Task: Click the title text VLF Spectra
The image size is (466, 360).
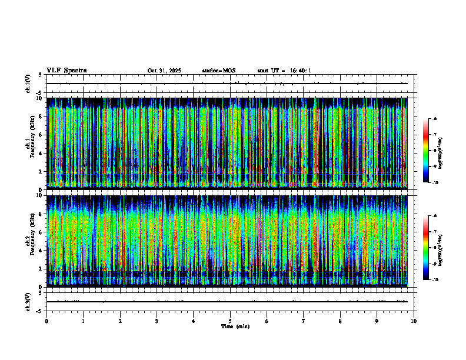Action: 66,71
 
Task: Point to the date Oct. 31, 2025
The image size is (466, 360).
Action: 164,71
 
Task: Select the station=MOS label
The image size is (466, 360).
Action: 218,71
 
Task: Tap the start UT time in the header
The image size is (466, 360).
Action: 284,71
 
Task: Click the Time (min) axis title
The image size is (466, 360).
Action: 235,326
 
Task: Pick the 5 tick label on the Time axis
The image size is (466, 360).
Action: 230,321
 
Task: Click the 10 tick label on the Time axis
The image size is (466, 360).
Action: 414,321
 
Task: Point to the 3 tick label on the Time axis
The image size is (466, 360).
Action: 157,321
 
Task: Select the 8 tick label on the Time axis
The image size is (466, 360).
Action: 340,321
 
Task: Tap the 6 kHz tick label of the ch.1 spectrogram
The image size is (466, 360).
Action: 41,135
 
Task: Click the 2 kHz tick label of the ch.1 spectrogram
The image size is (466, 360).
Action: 41,171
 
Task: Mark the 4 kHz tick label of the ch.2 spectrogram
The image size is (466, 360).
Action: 41,251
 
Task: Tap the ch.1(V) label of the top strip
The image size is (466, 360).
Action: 28,84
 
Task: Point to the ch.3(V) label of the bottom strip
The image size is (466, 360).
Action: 28,301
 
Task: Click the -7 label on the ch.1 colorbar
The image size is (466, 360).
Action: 435,135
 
